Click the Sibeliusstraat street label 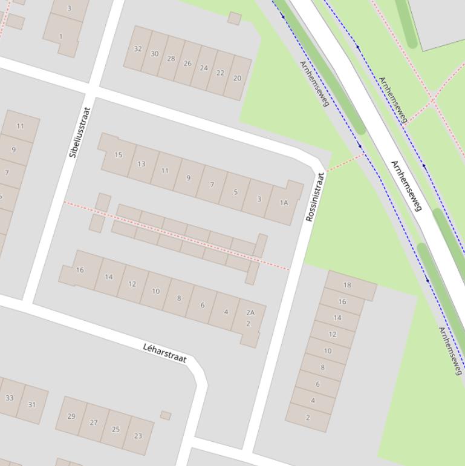coord(80,133)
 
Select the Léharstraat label coord(164,353)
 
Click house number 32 coord(138,49)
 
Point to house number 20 coord(237,78)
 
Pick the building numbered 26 coord(187,64)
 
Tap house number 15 coord(119,155)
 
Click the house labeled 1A coord(284,203)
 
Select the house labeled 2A coord(250,313)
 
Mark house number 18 coord(347,285)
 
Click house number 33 coord(9,398)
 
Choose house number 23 coord(138,435)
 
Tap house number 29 coord(71,416)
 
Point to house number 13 coord(141,163)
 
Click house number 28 coord(171,59)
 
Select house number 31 coord(32,405)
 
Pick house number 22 coord(220,73)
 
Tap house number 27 coord(94,423)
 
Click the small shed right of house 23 coord(166,415)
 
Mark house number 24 coord(204,68)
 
